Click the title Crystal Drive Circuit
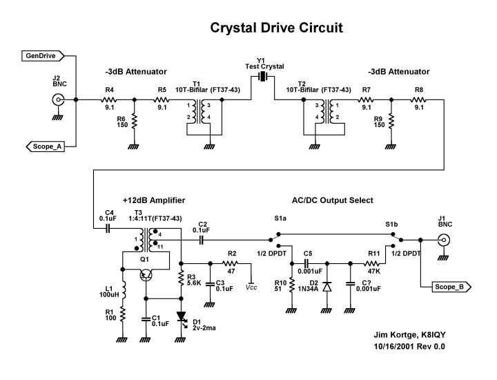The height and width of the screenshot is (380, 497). tap(276, 28)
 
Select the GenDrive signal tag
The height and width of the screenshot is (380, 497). tap(43, 55)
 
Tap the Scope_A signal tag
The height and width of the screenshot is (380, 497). tap(46, 146)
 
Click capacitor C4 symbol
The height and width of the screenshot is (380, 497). tap(108, 228)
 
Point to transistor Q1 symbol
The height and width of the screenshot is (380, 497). tap(145, 274)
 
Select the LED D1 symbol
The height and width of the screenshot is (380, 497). tap(182, 317)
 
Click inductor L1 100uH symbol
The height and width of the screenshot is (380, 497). tap(122, 291)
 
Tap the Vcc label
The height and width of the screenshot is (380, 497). tap(251, 285)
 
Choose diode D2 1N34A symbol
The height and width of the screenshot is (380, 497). tap(327, 285)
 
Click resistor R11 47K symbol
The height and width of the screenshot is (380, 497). tap(373, 263)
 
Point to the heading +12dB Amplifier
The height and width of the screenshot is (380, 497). tap(154, 200)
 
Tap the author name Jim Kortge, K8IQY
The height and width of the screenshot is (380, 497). tap(406, 335)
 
